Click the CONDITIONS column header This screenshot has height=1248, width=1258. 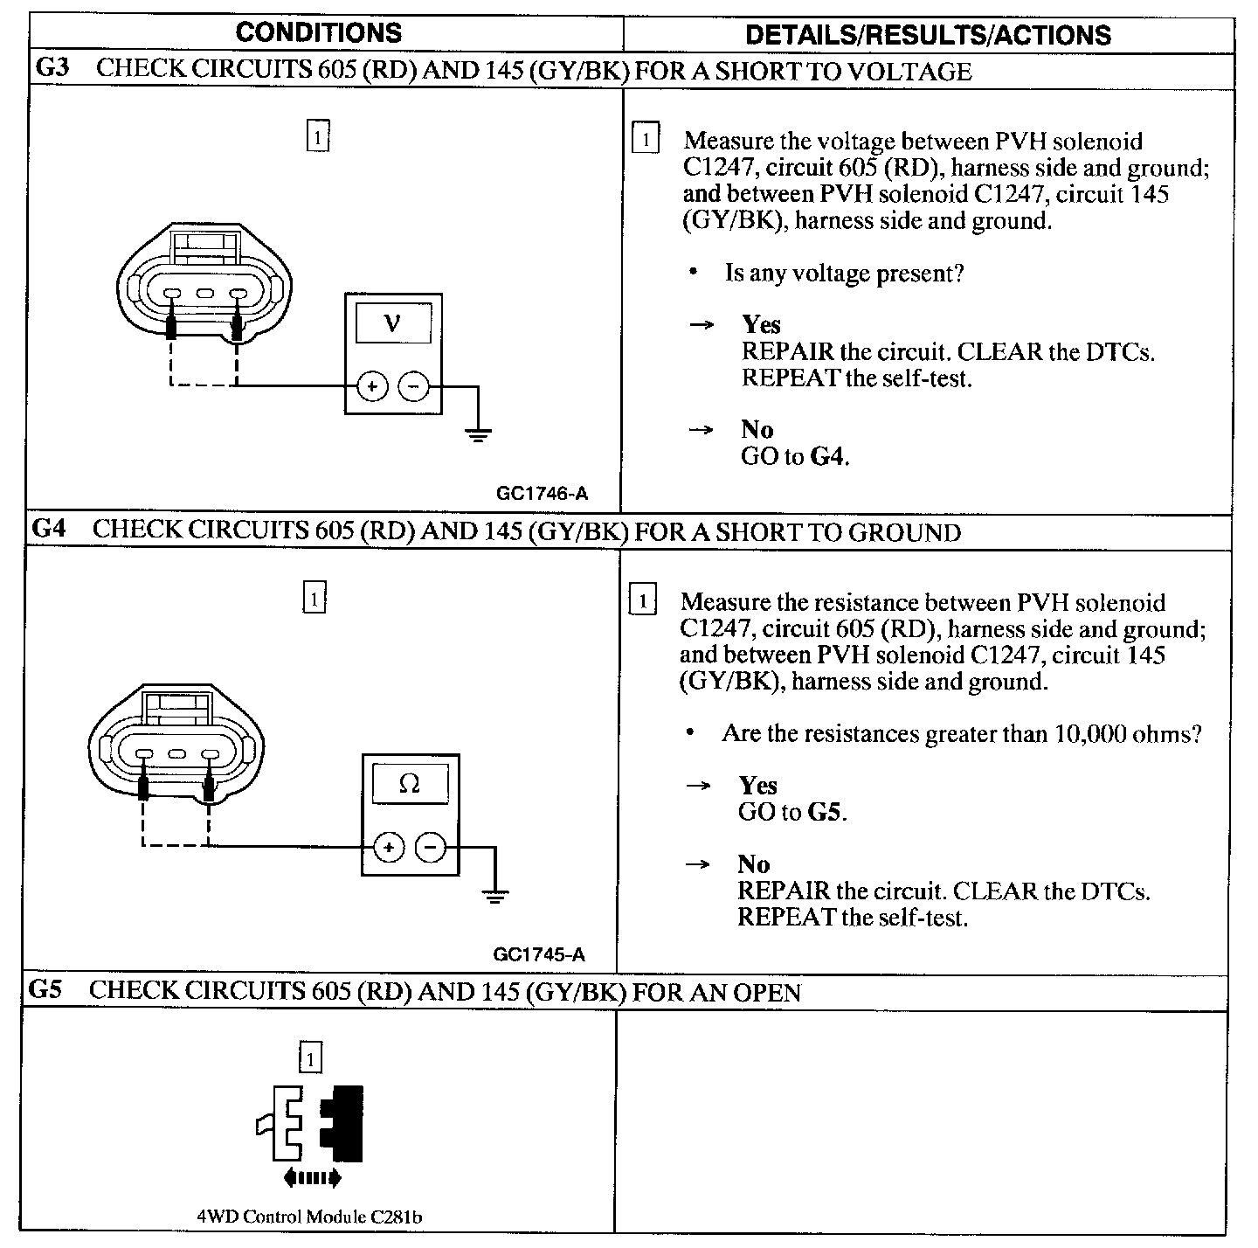318,33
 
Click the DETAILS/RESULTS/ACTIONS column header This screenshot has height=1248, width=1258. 928,35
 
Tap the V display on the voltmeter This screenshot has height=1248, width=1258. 393,324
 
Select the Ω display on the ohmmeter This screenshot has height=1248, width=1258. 409,784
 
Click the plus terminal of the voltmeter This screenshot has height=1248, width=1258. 372,385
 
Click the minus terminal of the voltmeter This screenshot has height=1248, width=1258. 414,385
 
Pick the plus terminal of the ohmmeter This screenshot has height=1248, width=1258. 389,847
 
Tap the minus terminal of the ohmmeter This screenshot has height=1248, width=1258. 430,847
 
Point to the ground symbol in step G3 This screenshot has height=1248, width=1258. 478,433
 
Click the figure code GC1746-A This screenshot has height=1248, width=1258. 542,494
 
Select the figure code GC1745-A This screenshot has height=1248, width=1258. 539,954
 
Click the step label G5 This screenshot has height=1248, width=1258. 47,990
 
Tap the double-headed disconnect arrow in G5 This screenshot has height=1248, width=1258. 312,1179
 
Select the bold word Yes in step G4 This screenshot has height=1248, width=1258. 757,785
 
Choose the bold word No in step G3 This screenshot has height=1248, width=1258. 757,429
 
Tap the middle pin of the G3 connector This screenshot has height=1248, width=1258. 205,294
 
